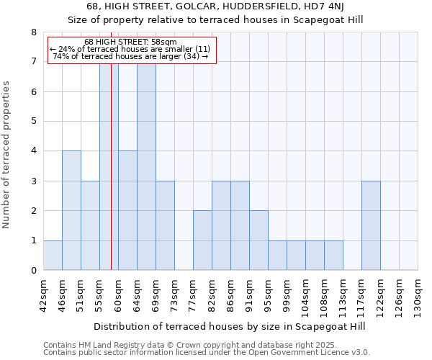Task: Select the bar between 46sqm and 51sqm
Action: coord(71,210)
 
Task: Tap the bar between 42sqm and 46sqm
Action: coord(53,256)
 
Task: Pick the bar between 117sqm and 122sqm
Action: coord(371,225)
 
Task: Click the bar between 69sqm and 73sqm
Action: coord(165,225)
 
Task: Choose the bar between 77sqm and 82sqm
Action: coord(202,240)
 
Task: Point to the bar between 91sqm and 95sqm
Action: coord(258,240)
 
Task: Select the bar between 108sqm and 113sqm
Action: coord(333,256)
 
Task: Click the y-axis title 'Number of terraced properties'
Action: coord(7,155)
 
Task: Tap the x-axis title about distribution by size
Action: coord(230,326)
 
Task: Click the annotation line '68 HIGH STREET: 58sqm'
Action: coord(130,42)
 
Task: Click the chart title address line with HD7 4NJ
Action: coord(215,6)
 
